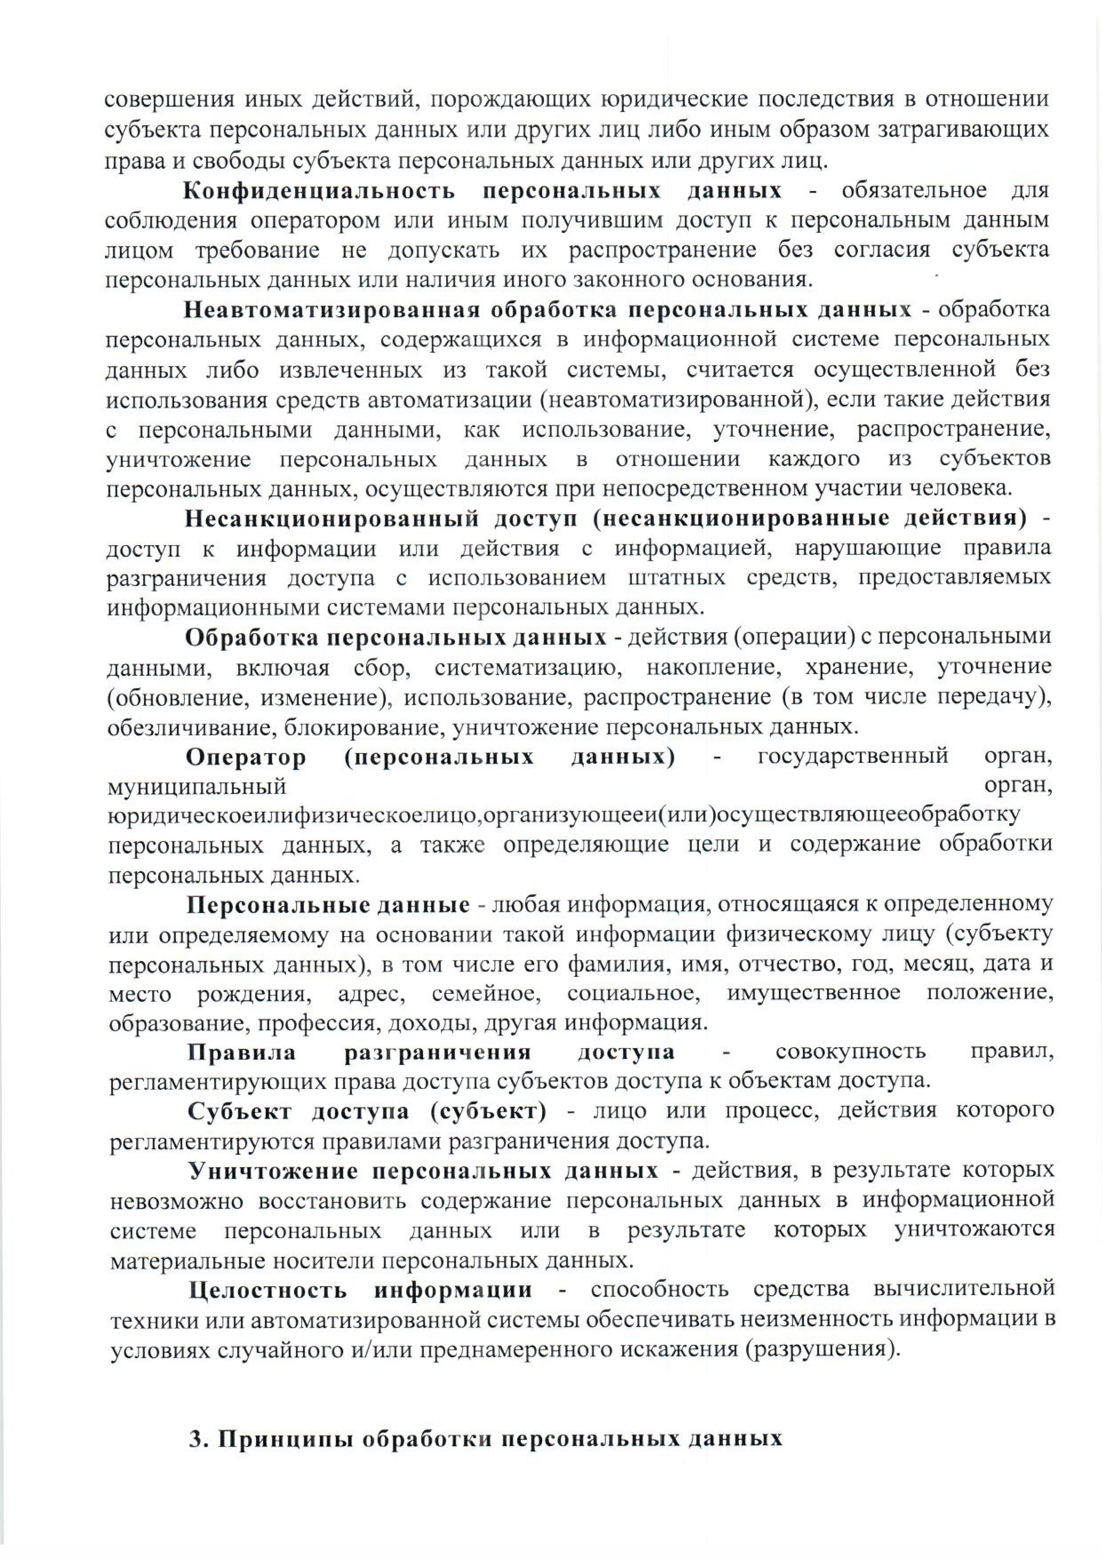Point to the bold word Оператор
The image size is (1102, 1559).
[246, 757]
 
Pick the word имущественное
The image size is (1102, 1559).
[814, 993]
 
